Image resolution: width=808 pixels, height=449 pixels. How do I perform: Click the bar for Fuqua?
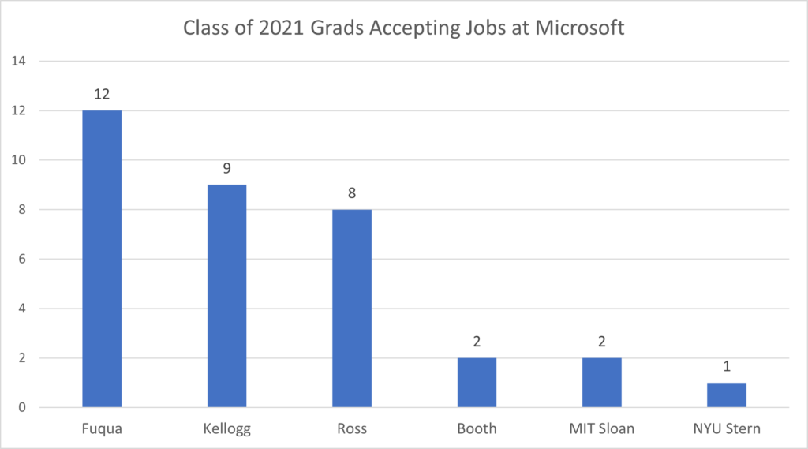pos(102,259)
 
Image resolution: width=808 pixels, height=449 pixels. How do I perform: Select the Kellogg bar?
pos(227,296)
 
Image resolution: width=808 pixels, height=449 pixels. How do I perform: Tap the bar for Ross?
pos(352,309)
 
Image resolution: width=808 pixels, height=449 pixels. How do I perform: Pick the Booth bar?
pos(477,383)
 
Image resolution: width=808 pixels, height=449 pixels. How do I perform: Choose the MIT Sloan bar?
pos(602,383)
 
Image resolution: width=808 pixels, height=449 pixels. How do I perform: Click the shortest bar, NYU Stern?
pos(727,395)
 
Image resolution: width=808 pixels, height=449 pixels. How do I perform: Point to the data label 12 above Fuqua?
pos(102,94)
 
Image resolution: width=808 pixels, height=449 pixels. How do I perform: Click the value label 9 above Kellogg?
pos(227,168)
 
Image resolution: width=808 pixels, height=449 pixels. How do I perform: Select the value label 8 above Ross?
pos(352,193)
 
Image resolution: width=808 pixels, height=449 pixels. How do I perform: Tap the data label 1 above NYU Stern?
pos(727,366)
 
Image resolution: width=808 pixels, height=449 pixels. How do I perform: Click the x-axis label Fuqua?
pos(102,428)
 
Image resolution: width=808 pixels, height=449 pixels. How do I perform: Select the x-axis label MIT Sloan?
pos(602,428)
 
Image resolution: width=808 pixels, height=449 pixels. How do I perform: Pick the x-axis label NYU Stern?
pos(727,428)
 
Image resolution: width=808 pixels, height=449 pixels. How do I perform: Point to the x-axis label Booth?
pos(477,428)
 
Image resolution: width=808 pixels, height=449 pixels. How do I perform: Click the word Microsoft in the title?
pos(581,28)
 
